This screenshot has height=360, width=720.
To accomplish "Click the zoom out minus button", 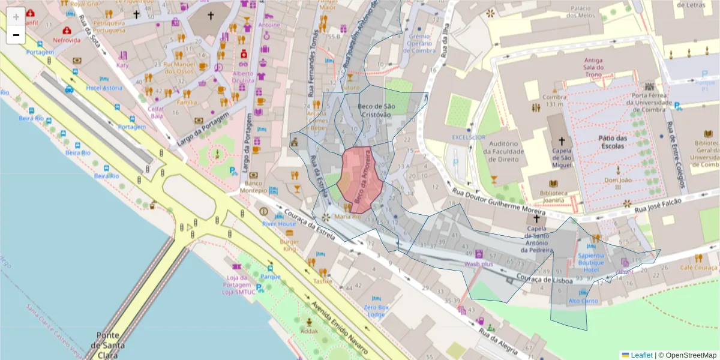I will point(16,35).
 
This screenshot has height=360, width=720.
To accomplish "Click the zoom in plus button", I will point(16,16).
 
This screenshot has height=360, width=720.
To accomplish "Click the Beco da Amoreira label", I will point(364,179).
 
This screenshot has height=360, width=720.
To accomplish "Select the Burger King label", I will point(289,245).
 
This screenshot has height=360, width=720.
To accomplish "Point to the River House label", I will point(278,224).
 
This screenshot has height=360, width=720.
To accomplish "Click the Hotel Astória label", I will point(104,88).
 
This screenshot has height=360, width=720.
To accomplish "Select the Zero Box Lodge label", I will point(376,311).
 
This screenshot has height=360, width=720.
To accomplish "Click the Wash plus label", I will point(479,263).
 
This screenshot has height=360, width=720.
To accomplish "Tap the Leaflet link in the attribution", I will point(641,355).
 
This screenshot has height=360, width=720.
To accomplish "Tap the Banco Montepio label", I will point(254,187).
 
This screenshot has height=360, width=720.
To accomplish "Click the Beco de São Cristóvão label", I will point(376,110).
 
